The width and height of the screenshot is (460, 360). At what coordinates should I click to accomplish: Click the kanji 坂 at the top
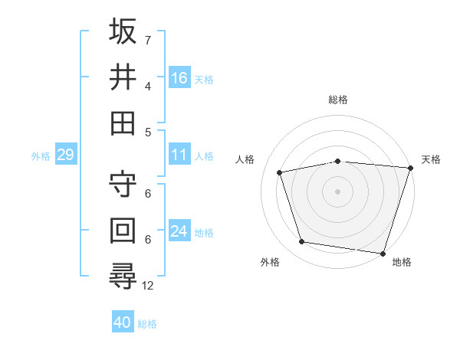(x=123, y=32)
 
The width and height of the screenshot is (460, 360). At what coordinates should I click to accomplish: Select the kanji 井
(x=123, y=77)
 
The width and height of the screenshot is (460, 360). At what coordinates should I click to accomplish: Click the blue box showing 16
(x=179, y=77)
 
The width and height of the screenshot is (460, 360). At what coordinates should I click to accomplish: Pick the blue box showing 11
(x=179, y=155)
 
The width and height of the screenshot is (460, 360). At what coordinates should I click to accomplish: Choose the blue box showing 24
(x=179, y=231)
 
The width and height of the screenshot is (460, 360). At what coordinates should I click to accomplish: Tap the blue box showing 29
(x=65, y=155)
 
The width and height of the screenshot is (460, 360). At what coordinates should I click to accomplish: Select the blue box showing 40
(x=123, y=322)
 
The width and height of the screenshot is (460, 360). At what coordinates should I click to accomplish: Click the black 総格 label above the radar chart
(x=337, y=100)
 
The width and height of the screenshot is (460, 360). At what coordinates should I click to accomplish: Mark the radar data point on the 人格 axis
(x=280, y=172)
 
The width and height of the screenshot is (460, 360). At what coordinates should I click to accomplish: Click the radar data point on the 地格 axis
(x=383, y=253)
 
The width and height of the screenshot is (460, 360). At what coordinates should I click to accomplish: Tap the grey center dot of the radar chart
(x=337, y=191)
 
